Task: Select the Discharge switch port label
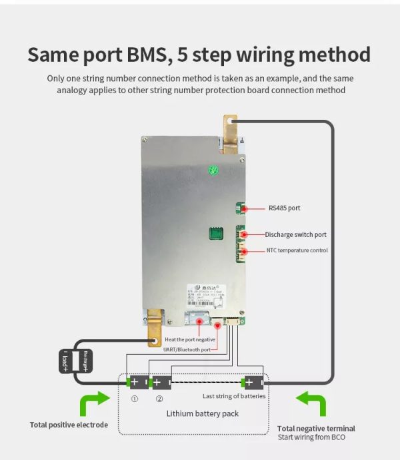295,235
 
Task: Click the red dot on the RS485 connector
244,208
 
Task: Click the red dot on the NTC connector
244,251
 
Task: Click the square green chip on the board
214,234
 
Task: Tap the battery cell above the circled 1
138,382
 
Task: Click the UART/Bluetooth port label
187,349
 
